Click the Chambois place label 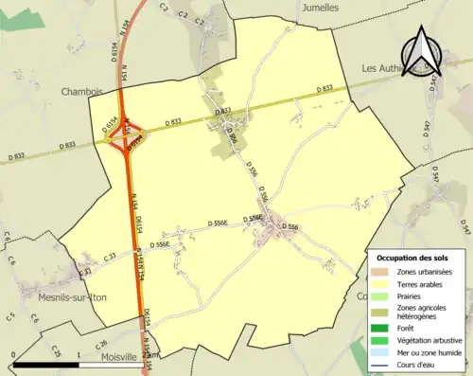point(80,92)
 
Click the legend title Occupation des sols point(414,258)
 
